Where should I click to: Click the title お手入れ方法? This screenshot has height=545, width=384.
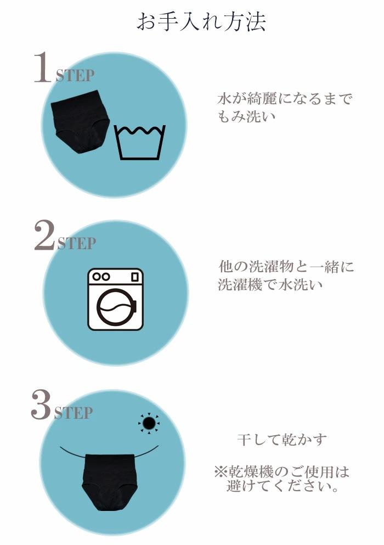coord(201,21)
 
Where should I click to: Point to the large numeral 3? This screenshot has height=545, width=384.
coord(41,404)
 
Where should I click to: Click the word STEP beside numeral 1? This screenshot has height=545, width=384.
coord(75,75)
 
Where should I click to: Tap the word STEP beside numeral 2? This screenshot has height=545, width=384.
coord(77,243)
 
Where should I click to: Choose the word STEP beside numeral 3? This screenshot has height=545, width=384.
coord(74,413)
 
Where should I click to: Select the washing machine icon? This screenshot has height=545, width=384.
coord(115,299)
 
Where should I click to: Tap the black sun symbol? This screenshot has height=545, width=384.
coord(149,423)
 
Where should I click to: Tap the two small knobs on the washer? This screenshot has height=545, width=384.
coord(101,277)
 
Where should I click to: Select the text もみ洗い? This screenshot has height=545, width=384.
coord(246,116)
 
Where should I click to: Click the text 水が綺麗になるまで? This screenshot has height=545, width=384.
coord(285,99)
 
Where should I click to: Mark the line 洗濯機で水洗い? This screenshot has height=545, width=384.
coord(270,284)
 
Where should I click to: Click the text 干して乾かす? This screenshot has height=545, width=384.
coord(282,440)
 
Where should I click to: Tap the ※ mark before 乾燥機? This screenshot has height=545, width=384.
coord(221,472)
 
